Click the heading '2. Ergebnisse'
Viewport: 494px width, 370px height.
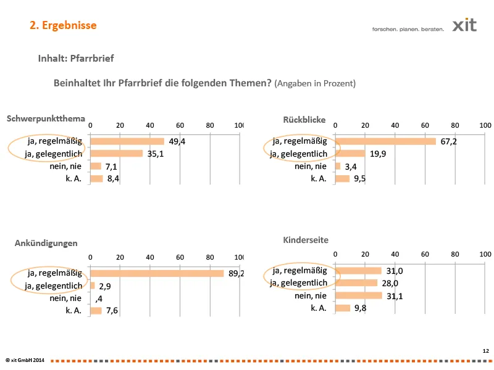click(63, 25)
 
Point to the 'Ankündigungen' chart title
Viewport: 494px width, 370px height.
click(46, 243)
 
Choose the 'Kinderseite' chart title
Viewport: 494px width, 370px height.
click(306, 239)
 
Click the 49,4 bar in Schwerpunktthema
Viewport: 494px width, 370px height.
click(127, 141)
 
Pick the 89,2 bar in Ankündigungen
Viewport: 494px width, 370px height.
click(157, 273)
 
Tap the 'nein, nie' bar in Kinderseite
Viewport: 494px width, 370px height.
click(358, 295)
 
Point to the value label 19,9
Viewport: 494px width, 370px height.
click(379, 154)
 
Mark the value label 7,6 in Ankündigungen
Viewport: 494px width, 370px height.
click(112, 311)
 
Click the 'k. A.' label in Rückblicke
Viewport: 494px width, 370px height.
click(318, 179)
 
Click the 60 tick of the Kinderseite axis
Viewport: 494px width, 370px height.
click(425, 253)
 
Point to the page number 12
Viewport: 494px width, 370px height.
click(485, 350)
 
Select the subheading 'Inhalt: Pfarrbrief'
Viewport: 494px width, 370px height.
click(76, 59)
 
